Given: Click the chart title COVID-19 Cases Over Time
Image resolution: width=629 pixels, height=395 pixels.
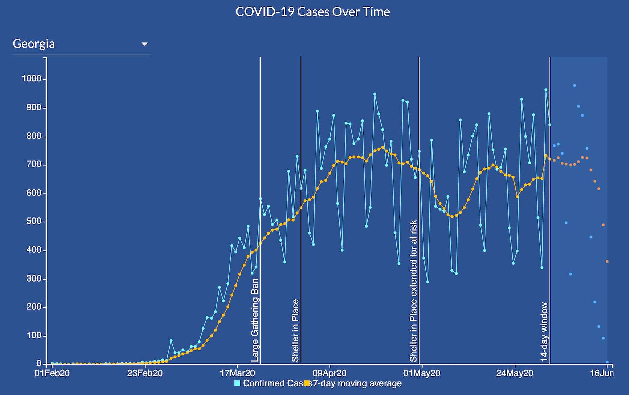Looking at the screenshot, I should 313,12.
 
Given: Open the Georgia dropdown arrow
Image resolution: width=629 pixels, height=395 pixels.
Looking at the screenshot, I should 144,44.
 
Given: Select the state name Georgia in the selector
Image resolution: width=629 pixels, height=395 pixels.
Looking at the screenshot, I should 34,44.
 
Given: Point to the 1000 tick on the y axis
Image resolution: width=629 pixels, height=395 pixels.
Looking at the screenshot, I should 32,79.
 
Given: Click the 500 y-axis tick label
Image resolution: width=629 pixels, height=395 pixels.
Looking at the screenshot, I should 34,222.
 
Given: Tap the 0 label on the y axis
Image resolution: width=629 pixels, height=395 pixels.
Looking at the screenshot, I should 39,363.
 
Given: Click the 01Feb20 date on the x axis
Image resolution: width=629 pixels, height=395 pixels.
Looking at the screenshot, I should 52,374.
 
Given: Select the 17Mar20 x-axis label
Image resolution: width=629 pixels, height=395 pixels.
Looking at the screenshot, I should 237,374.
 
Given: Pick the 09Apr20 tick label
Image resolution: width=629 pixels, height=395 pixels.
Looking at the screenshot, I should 330,374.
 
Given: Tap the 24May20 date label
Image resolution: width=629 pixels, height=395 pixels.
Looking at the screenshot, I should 515,374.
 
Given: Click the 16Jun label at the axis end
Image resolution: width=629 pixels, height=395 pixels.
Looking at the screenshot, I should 602,373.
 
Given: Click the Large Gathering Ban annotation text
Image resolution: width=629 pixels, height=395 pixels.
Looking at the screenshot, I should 255,320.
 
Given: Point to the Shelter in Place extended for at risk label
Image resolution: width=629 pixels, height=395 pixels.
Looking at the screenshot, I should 413,291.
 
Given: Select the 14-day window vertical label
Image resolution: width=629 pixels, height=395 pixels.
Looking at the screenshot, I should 544,332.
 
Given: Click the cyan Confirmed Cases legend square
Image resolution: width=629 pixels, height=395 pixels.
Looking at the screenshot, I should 237,383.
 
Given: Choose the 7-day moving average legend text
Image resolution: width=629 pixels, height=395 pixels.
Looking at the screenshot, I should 357,383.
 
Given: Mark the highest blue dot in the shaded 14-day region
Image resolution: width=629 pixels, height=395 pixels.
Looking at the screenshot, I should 574,86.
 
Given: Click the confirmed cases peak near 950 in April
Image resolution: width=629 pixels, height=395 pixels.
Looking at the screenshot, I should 375,94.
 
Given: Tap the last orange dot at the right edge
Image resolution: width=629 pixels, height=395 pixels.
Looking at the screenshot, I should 607,261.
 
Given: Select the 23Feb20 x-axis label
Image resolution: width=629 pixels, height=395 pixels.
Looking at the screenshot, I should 145,374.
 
